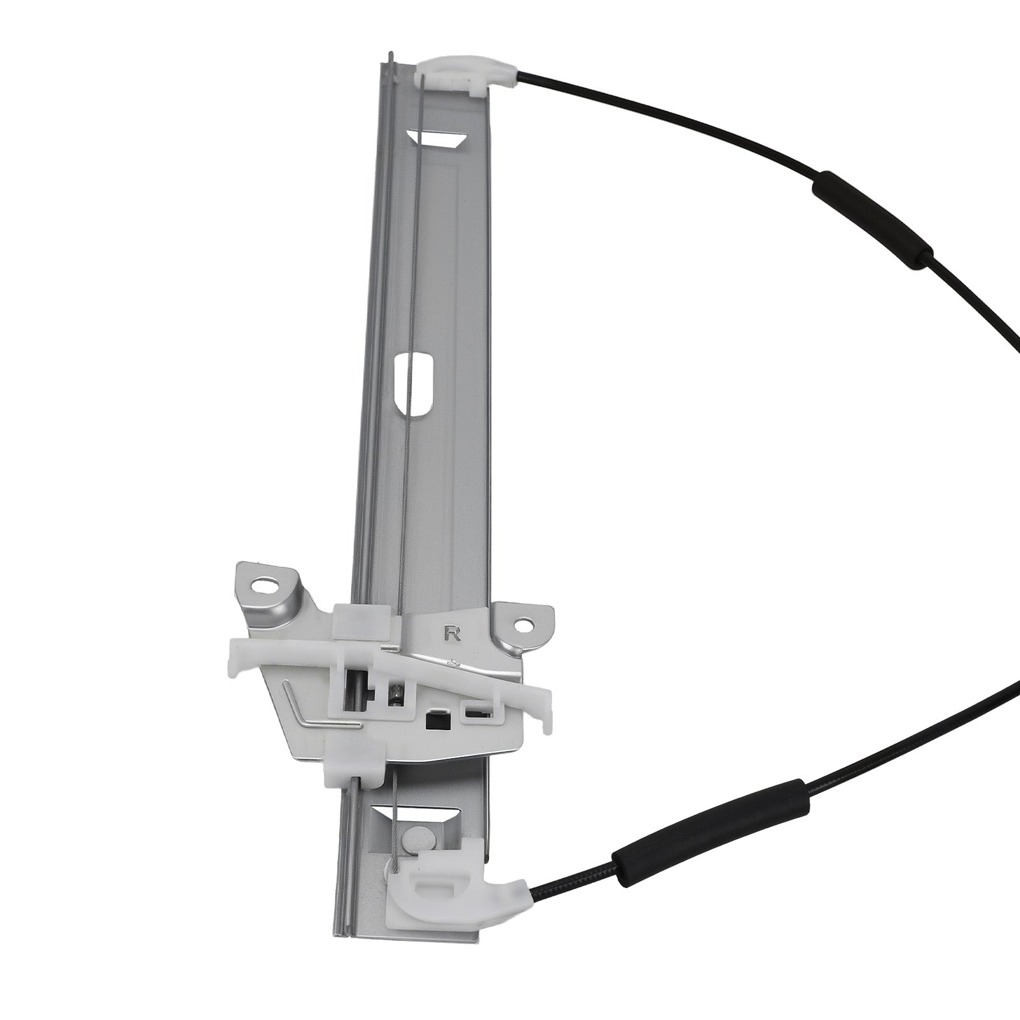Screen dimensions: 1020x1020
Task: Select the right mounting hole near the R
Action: (x=523, y=626)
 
